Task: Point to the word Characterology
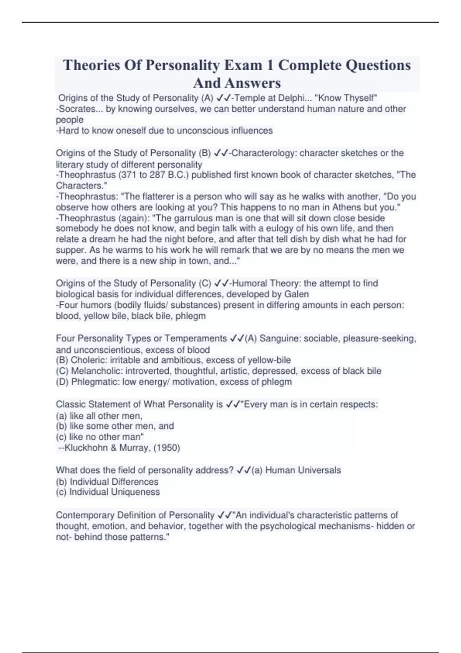264,153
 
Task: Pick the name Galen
296,295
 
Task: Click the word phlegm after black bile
194,316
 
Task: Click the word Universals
318,471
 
